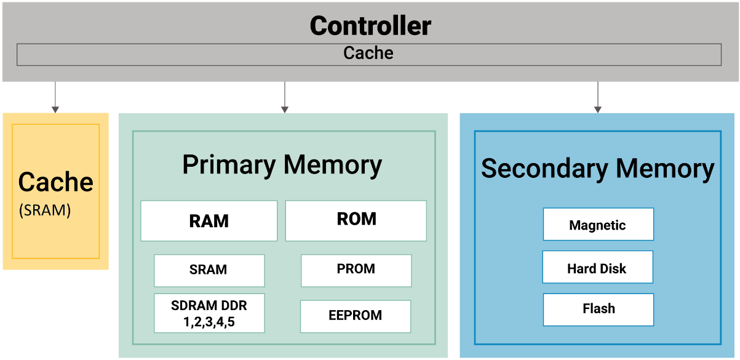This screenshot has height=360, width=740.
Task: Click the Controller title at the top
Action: tap(370, 26)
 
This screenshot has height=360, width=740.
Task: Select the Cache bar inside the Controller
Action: tap(368, 54)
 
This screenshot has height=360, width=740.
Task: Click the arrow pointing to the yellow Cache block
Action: tap(55, 97)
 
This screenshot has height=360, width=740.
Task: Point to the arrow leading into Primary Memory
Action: tap(284, 97)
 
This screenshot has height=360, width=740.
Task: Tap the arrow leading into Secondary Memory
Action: tap(597, 97)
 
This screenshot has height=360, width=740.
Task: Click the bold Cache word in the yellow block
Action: tap(55, 182)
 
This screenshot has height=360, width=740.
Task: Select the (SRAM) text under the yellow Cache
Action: tap(45, 210)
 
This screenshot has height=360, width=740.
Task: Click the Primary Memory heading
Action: tap(282, 165)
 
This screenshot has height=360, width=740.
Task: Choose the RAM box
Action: tap(209, 221)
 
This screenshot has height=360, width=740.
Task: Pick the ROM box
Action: tap(356, 220)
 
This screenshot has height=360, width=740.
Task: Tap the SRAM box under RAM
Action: tap(209, 270)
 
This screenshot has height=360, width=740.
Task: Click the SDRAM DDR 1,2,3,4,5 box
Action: tap(209, 313)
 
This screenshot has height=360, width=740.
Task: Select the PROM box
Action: tap(356, 270)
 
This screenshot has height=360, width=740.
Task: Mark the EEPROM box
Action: tap(355, 316)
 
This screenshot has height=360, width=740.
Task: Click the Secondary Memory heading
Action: tap(597, 169)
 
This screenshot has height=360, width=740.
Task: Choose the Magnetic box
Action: tap(597, 225)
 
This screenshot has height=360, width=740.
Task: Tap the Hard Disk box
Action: tap(597, 268)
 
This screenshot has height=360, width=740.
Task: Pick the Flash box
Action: tap(598, 309)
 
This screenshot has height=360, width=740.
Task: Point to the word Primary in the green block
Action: tap(229, 165)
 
